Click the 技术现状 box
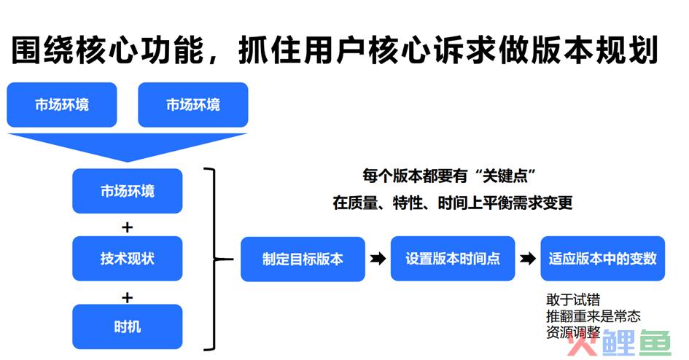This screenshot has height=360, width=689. (128, 259)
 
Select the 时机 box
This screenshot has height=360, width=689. (128, 326)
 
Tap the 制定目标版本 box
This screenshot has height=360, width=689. (303, 259)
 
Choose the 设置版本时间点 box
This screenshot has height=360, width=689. (453, 259)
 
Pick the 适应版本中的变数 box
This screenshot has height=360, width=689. (602, 259)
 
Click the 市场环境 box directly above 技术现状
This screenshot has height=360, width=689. (128, 191)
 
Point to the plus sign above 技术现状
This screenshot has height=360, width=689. (127, 227)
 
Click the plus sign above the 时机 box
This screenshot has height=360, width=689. (127, 298)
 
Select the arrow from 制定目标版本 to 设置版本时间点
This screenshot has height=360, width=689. (378, 259)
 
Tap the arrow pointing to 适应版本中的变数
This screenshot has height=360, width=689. (528, 259)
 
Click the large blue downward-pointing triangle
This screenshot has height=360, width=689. (128, 145)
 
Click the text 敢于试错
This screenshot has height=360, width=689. (573, 300)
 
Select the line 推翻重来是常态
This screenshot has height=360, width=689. (593, 316)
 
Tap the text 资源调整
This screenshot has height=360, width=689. (573, 332)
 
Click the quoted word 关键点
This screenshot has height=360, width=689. (505, 176)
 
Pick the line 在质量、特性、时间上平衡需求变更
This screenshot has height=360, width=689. (453, 203)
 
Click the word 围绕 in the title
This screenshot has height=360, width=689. (42, 50)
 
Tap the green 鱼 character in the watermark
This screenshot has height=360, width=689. (654, 343)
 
